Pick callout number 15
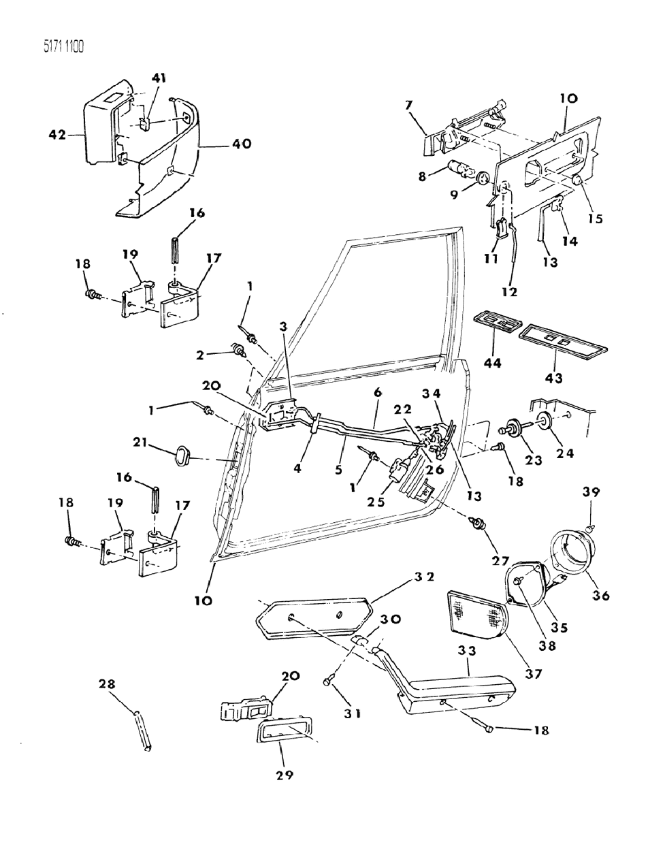597,219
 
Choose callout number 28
109,683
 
